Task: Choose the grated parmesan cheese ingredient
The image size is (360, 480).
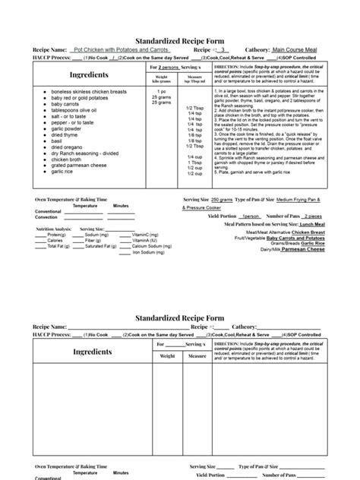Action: (84, 164)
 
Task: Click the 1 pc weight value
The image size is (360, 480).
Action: (161, 91)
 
